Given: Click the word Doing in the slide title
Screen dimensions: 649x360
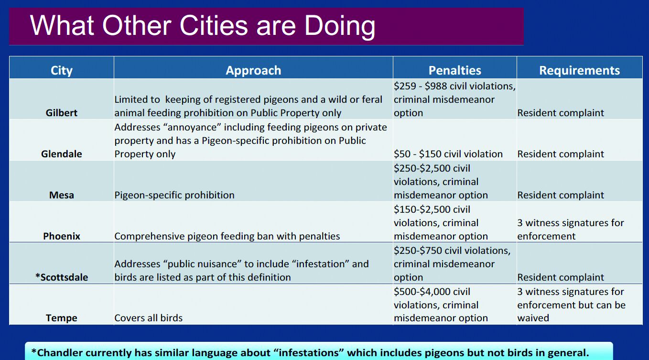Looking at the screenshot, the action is [340, 26].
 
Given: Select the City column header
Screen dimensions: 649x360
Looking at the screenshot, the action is [62, 70].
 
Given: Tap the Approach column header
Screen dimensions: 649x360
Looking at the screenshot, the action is [253, 70].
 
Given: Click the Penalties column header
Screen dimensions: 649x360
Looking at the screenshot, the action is [454, 70].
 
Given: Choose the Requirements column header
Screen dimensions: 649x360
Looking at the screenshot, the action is [579, 70].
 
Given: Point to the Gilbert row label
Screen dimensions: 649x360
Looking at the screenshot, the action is [62, 112].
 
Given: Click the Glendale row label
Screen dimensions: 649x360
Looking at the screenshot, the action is [62, 153].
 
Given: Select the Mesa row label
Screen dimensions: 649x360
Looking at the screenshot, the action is [62, 195].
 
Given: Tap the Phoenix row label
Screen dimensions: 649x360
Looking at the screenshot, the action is [62, 236].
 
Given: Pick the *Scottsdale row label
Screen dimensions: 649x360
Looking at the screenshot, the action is [62, 277].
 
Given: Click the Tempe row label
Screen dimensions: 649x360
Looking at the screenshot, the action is [62, 318].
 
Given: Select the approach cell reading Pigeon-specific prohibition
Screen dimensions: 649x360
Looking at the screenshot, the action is [174, 195].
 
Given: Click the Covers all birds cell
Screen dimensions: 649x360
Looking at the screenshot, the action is [148, 318].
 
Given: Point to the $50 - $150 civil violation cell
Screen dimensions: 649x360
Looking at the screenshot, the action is [448, 154].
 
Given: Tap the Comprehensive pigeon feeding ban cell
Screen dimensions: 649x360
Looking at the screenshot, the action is [227, 236].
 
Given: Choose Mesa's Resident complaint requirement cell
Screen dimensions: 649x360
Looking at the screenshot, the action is [561, 195].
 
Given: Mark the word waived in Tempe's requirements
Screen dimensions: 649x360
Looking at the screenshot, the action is [533, 318].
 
